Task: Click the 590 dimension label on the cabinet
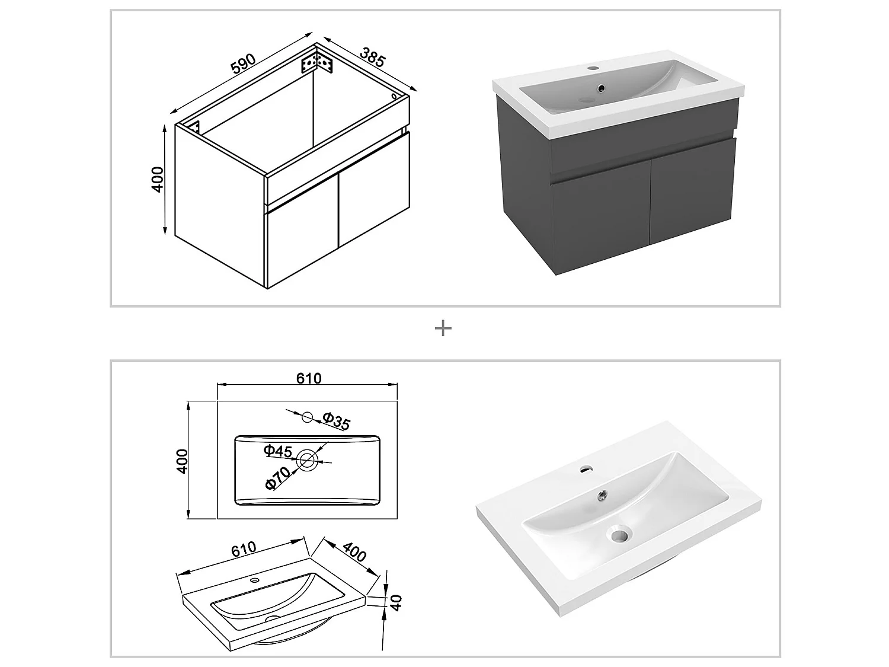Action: pos(243,65)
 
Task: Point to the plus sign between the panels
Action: pos(443,328)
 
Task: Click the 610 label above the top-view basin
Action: pos(309,378)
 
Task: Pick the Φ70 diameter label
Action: pos(278,478)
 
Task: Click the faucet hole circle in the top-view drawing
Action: pos(307,417)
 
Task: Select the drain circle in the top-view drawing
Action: pos(308,460)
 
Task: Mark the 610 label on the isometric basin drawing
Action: pos(244,548)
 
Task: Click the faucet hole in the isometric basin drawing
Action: pos(255,580)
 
